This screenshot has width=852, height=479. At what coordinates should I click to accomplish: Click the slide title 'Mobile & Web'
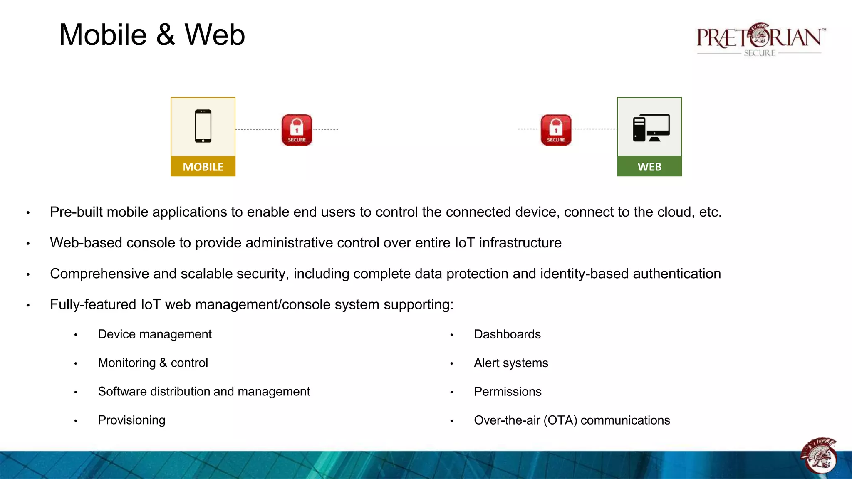152,35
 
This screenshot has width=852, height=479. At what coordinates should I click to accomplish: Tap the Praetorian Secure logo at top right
760,40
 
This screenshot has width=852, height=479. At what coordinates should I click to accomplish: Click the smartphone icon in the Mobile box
203,126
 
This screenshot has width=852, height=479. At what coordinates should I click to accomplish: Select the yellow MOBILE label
203,167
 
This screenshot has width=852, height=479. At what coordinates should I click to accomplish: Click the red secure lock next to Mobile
297,130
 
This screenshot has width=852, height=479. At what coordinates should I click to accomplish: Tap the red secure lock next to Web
556,130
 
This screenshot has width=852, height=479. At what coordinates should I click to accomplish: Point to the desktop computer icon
651,128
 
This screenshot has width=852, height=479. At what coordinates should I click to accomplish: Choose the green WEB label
649,167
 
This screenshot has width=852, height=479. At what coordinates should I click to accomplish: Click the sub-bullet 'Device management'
155,334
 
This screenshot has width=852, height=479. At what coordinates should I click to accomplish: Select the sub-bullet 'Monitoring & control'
153,363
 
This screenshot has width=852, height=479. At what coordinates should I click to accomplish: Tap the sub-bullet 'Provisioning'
131,420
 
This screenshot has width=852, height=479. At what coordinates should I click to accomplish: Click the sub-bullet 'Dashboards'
507,334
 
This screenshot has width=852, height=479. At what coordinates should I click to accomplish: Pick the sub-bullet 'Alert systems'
511,363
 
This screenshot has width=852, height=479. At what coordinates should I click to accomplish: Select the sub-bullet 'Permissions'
508,392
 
